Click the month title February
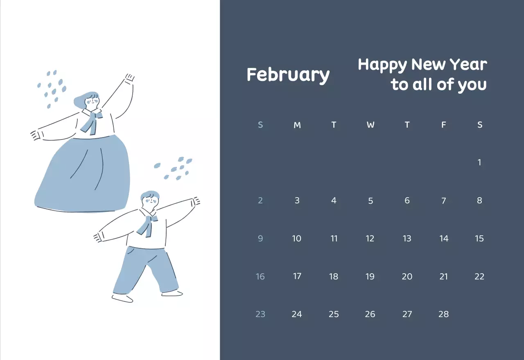288,75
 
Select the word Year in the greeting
468,65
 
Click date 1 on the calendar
479,162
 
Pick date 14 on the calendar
444,239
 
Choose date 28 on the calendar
444,314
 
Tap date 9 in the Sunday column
260,239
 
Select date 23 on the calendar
260,314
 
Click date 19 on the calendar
370,277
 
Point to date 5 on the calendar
370,201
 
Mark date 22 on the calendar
479,277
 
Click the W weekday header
370,125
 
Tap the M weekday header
297,125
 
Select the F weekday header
443,125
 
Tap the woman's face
92,102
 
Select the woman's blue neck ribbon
91,122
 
